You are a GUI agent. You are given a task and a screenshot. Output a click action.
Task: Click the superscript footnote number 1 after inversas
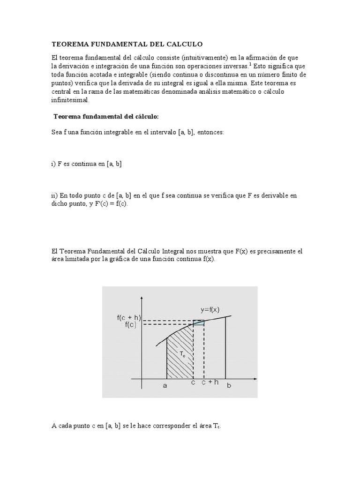tap(251, 64)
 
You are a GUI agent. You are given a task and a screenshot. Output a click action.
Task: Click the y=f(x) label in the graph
tap(210, 310)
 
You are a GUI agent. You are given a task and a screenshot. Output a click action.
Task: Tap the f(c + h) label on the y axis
tap(129, 317)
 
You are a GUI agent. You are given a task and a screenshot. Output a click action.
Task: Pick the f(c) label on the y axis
tap(131, 325)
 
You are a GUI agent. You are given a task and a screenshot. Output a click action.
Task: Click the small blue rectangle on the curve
tap(199, 322)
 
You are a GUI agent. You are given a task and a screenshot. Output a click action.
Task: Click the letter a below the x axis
tap(165, 385)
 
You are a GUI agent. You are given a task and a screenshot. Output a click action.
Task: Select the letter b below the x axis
tap(229, 386)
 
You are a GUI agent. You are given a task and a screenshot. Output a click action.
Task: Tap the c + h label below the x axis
tap(210, 382)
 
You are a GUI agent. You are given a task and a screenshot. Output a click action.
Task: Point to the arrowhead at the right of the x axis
tap(255, 378)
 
